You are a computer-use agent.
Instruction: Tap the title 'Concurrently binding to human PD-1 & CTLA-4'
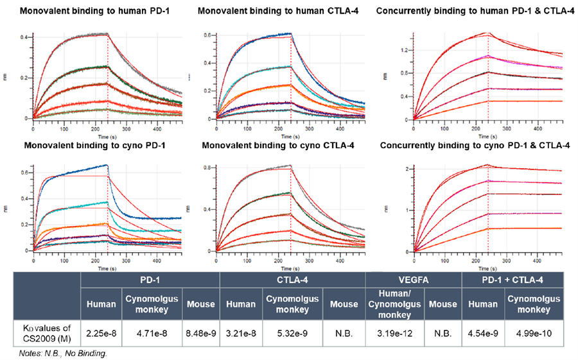pos(474,12)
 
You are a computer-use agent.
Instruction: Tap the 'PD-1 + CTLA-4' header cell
pos(512,280)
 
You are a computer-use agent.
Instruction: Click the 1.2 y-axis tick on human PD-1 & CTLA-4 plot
pos(405,49)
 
